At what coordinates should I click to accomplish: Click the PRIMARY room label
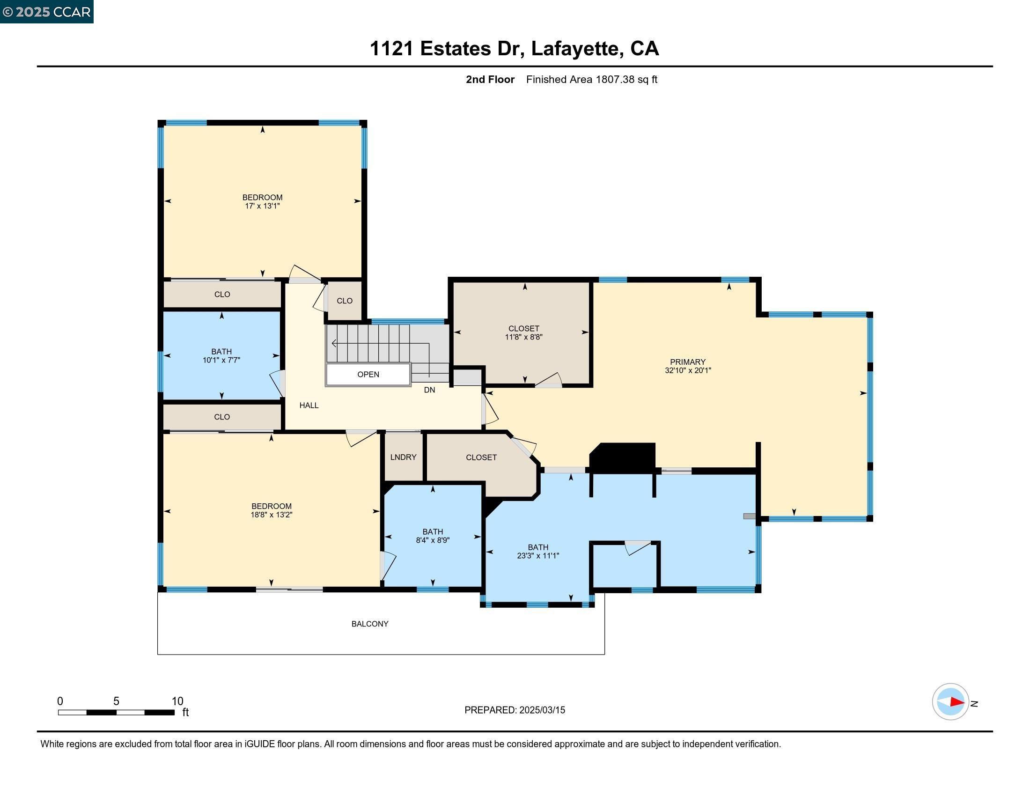click(x=687, y=361)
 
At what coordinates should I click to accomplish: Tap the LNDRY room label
click(x=403, y=457)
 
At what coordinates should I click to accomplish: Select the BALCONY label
click(x=370, y=623)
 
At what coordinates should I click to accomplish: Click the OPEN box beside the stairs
click(x=368, y=375)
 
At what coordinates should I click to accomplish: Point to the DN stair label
click(x=429, y=390)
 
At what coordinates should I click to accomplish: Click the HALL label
click(x=309, y=405)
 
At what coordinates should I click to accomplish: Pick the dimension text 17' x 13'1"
click(x=262, y=206)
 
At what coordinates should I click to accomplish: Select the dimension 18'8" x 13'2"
click(x=271, y=515)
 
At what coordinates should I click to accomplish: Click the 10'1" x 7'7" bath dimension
click(x=221, y=360)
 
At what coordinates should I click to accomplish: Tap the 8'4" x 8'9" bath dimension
click(x=433, y=540)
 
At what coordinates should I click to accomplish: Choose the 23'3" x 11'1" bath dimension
click(x=537, y=556)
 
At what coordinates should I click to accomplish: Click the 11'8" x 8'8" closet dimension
click(x=523, y=337)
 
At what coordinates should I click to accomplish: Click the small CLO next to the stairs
click(x=344, y=301)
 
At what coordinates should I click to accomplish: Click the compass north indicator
click(x=956, y=702)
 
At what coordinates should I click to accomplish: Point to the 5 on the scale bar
click(x=116, y=701)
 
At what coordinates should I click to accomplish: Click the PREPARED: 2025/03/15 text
click(x=515, y=710)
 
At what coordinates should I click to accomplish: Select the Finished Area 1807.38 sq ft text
click(x=591, y=80)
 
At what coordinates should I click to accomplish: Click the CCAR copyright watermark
click(x=46, y=12)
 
